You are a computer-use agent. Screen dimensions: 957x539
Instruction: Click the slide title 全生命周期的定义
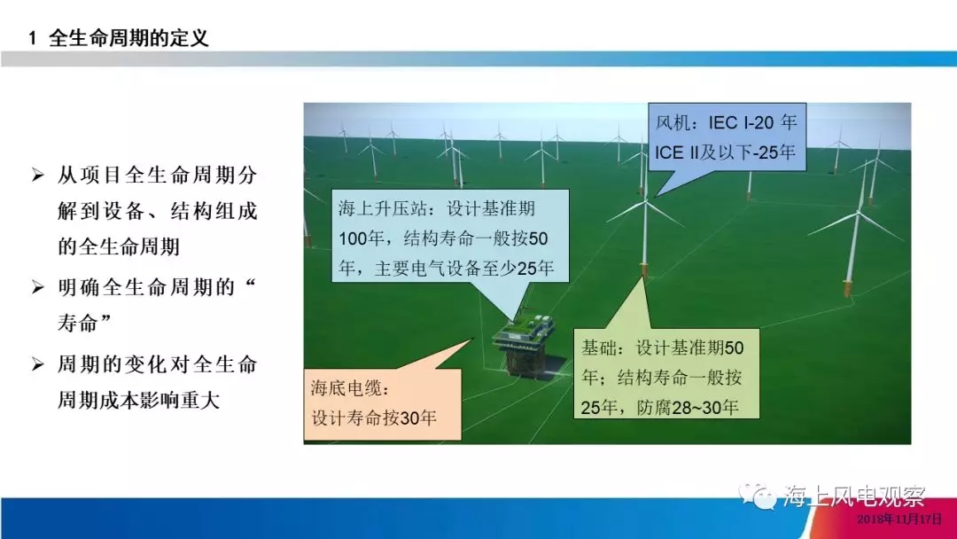pyautogui.click(x=128, y=38)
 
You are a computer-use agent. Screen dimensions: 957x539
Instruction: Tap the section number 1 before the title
pyautogui.click(x=33, y=38)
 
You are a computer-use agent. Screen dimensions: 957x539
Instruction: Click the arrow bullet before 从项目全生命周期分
pyautogui.click(x=38, y=176)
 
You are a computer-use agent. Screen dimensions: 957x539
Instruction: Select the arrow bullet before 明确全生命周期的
pyautogui.click(x=38, y=287)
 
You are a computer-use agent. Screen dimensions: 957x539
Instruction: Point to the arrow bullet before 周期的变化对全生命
pyautogui.click(x=38, y=364)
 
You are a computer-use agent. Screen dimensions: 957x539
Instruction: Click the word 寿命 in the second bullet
pyautogui.click(x=77, y=323)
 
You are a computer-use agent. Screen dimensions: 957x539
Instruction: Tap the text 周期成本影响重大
pyautogui.click(x=138, y=401)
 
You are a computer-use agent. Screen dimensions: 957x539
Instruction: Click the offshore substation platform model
pyautogui.click(x=525, y=344)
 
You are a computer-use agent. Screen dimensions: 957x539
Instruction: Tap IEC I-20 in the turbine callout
pyautogui.click(x=742, y=122)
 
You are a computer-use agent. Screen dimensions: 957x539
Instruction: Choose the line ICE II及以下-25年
pyautogui.click(x=725, y=152)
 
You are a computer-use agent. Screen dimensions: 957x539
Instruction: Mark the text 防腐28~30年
pyautogui.click(x=688, y=407)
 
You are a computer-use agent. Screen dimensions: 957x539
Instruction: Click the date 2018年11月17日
pyautogui.click(x=899, y=519)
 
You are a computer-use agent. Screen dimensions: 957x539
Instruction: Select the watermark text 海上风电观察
pyautogui.click(x=854, y=496)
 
